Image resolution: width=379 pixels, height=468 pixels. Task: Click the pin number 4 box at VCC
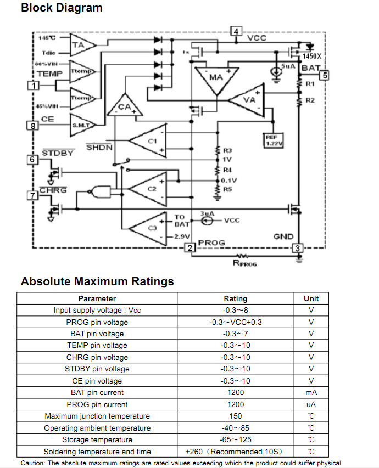[236, 31]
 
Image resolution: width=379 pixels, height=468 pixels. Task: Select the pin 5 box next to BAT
[325, 75]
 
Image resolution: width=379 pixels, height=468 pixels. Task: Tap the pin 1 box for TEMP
[34, 86]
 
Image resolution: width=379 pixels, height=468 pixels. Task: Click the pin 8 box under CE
[34, 126]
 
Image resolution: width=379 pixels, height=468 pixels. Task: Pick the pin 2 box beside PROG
[190, 248]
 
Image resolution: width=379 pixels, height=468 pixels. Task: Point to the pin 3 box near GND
[298, 248]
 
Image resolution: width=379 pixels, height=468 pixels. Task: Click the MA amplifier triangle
[216, 78]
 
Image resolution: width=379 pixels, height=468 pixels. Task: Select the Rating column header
[235, 299]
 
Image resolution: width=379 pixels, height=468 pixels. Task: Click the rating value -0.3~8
[235, 311]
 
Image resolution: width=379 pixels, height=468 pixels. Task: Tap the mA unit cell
[311, 393]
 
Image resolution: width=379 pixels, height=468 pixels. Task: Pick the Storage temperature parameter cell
[97, 440]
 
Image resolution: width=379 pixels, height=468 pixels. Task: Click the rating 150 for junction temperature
[235, 416]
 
